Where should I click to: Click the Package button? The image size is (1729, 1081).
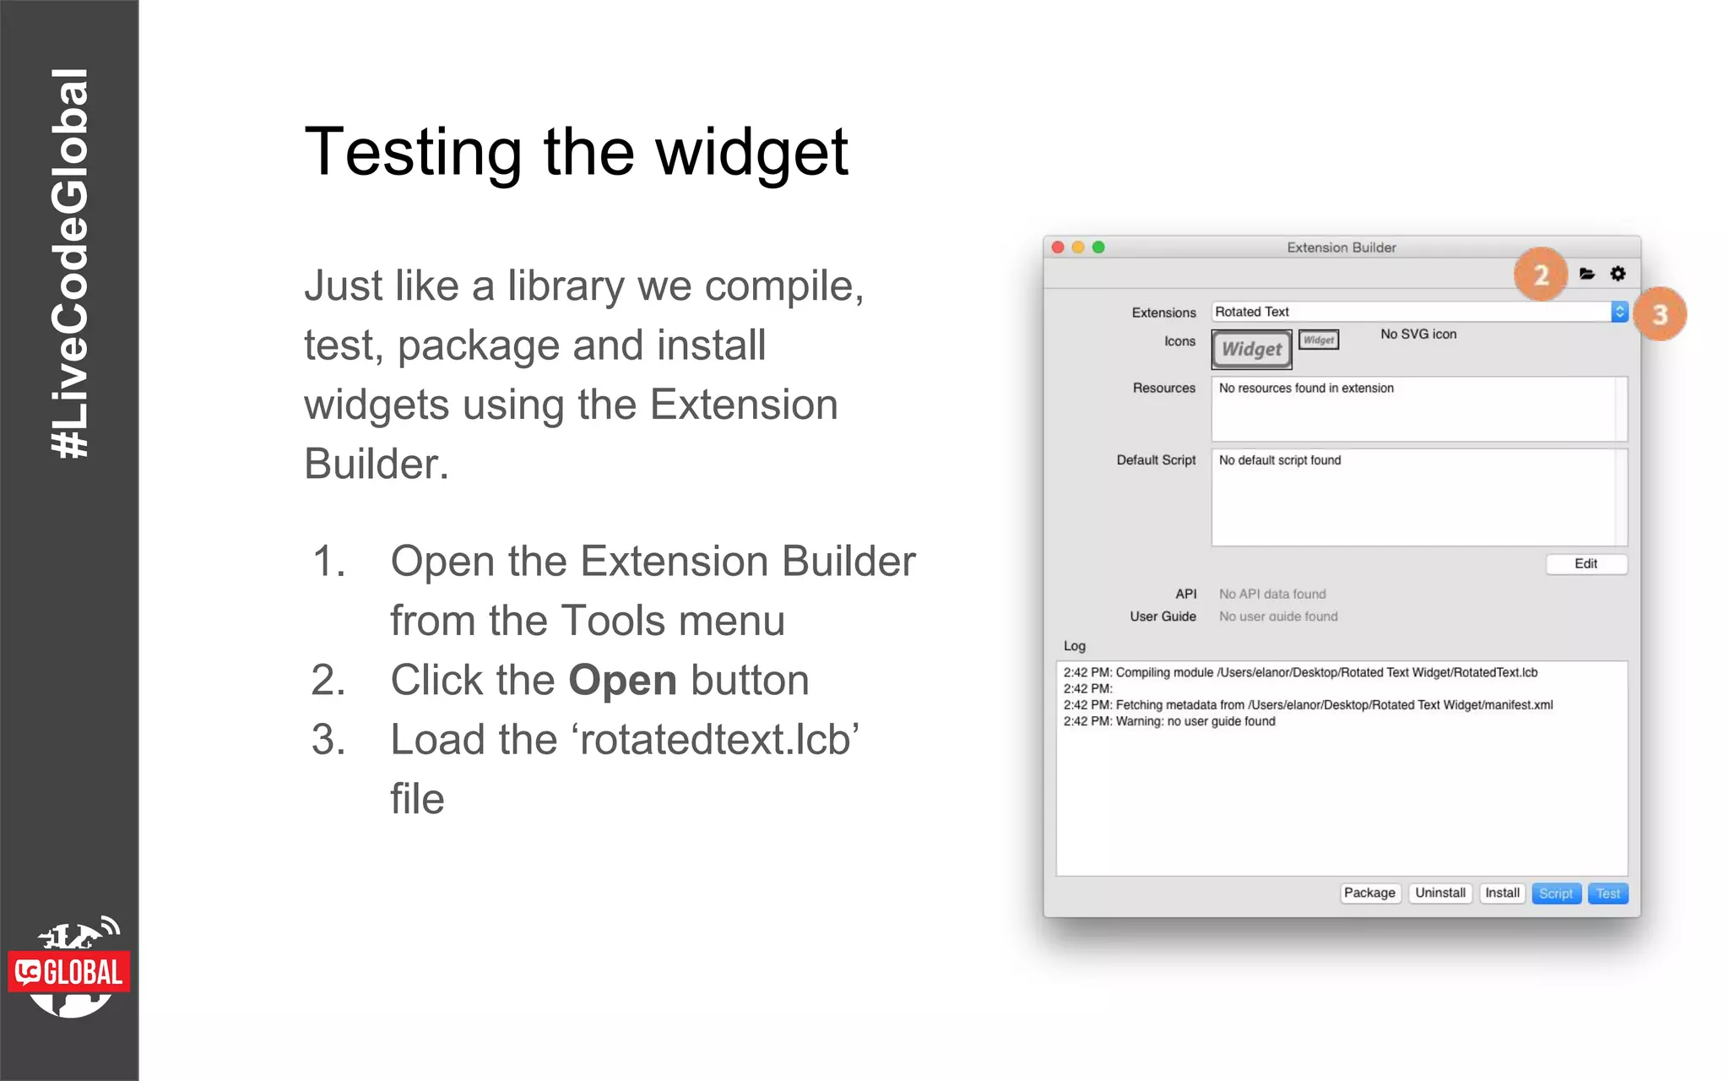tap(1369, 893)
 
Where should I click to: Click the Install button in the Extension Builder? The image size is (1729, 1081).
tap(1502, 893)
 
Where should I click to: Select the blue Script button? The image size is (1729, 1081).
tap(1555, 894)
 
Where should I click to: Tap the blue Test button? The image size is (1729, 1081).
tap(1607, 894)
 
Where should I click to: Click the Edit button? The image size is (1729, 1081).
tap(1585, 563)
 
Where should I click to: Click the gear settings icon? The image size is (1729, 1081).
tap(1618, 274)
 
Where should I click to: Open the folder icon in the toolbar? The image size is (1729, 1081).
tap(1586, 274)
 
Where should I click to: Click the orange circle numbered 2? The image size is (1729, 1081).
tap(1541, 274)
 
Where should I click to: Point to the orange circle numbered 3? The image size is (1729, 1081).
tap(1660, 314)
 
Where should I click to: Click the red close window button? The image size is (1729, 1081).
tap(1058, 247)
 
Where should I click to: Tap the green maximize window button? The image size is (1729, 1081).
tap(1098, 247)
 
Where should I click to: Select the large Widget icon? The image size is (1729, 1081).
tap(1252, 349)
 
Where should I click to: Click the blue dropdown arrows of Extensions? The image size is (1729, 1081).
tap(1619, 312)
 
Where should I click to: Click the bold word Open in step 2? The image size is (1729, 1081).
tap(623, 681)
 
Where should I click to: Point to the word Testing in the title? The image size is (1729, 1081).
tap(413, 153)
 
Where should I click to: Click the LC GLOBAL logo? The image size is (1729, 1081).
tap(69, 970)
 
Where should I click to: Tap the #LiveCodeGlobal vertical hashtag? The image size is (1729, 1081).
tap(69, 263)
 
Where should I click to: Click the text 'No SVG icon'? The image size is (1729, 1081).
tap(1418, 334)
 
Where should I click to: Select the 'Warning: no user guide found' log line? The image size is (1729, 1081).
tap(1195, 721)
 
